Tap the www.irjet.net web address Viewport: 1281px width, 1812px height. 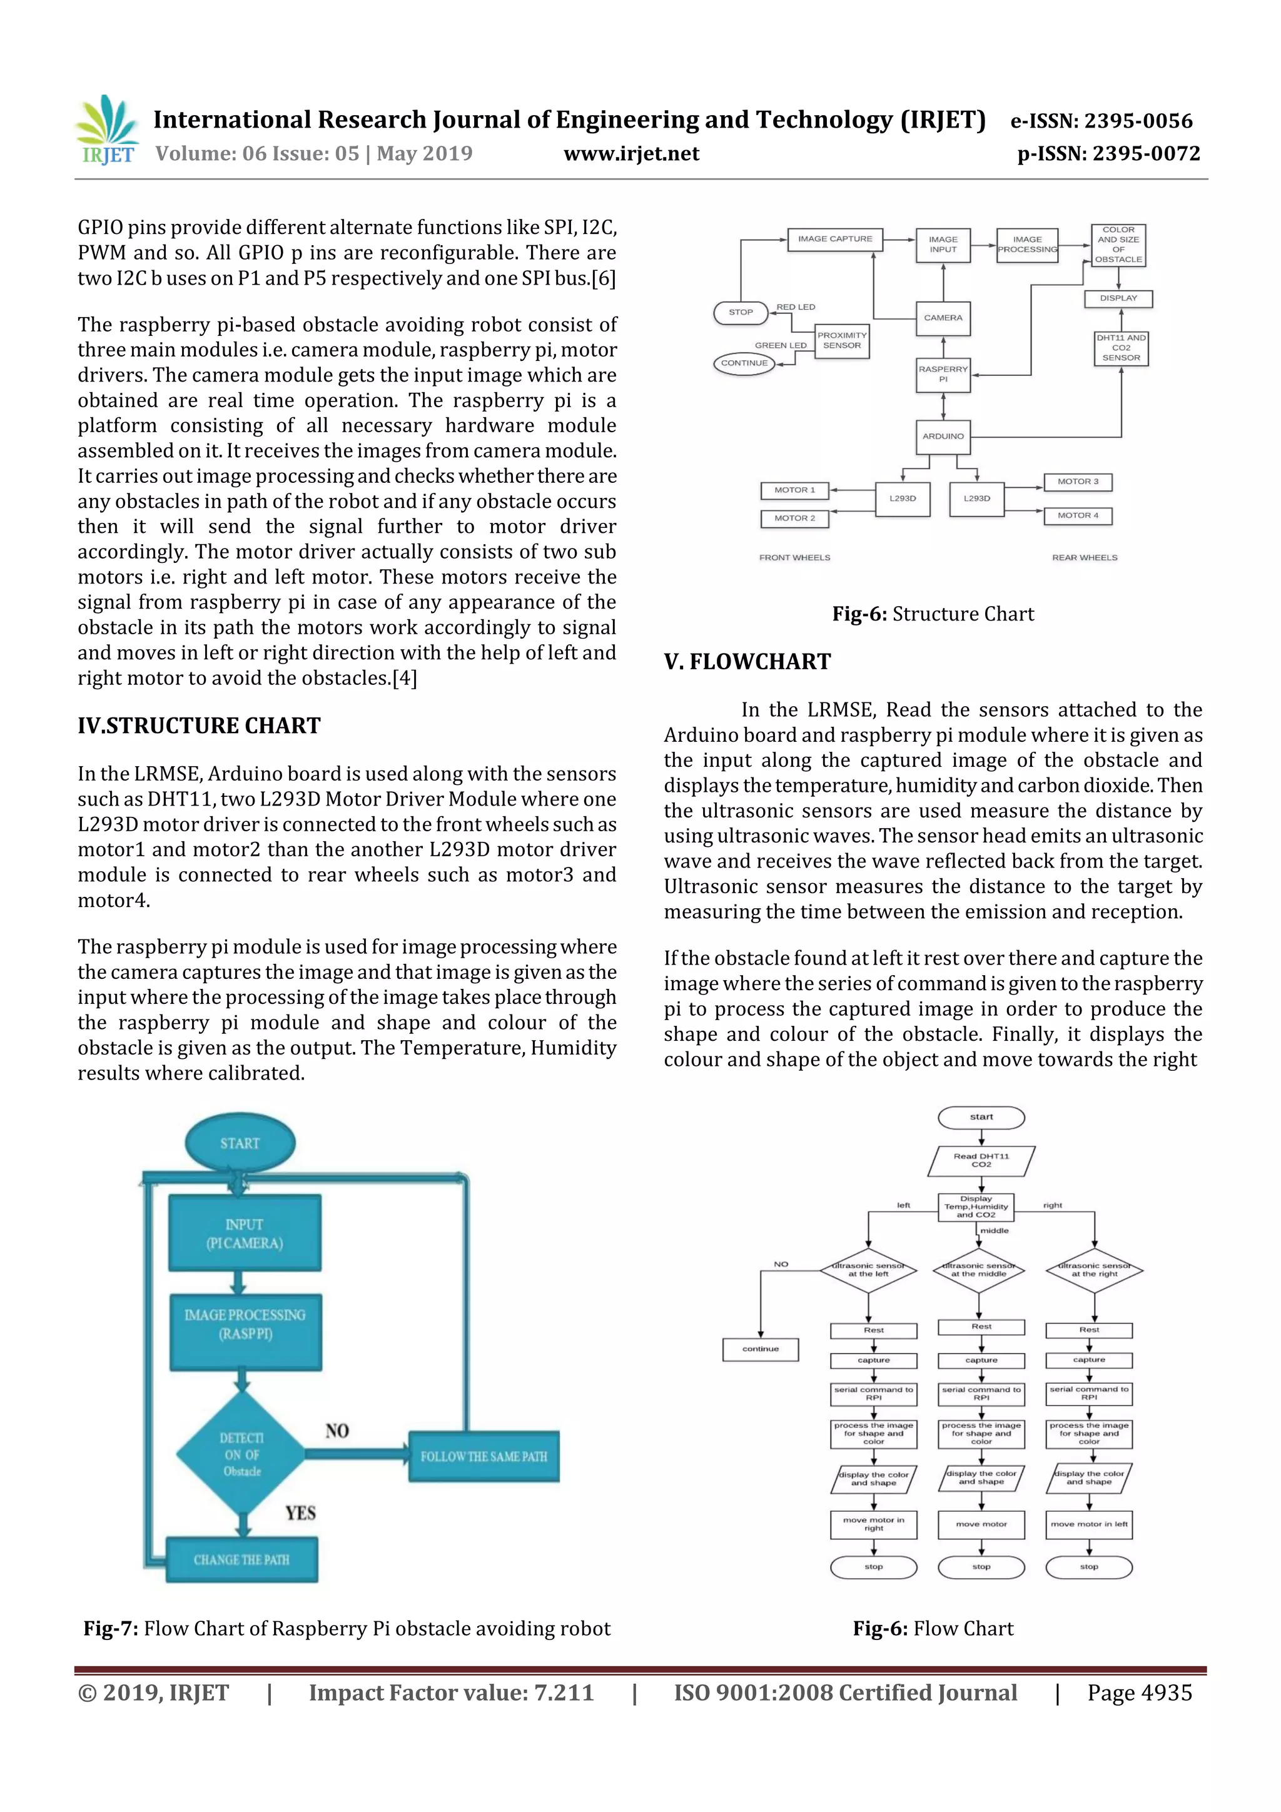point(630,154)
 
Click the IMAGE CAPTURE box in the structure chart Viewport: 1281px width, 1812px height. point(834,239)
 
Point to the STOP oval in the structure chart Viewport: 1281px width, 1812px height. point(741,313)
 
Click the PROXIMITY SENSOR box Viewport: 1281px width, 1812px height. point(841,341)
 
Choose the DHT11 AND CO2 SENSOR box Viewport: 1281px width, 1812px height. point(1120,348)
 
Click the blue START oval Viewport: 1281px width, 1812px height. point(240,1143)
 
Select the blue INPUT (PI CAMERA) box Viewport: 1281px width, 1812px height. point(245,1233)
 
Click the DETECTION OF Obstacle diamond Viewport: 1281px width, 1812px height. point(241,1454)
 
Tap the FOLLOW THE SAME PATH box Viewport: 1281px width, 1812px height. point(484,1456)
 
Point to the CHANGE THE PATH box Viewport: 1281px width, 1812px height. point(241,1559)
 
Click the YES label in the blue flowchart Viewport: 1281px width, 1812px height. point(301,1513)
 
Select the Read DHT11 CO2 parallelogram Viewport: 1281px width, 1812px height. point(981,1161)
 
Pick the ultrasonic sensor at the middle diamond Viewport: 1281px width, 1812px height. point(979,1270)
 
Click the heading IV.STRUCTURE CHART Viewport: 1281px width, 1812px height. point(199,726)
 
